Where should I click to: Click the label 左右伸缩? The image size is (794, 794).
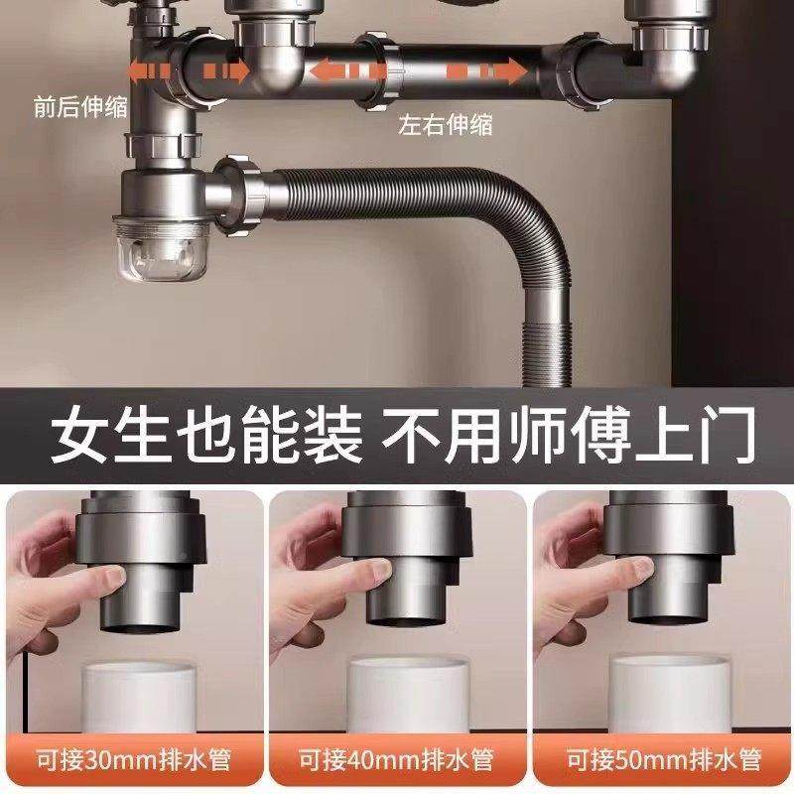[445, 126]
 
